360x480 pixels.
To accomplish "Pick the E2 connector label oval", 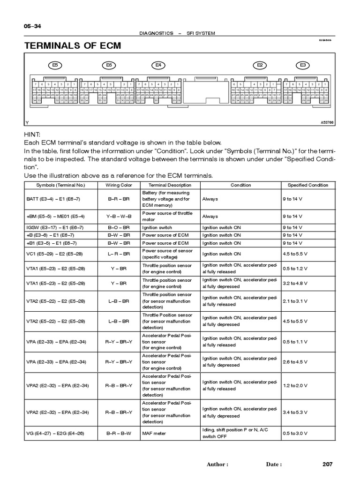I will pos(259,65).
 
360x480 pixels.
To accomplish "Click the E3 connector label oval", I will pos(303,65).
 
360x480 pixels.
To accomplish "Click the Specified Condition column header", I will pos(308,185).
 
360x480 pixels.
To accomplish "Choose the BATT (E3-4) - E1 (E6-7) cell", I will pos(51,199).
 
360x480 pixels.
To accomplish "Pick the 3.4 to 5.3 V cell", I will pos(295,412).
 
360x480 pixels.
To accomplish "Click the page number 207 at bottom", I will pos(327,464).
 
